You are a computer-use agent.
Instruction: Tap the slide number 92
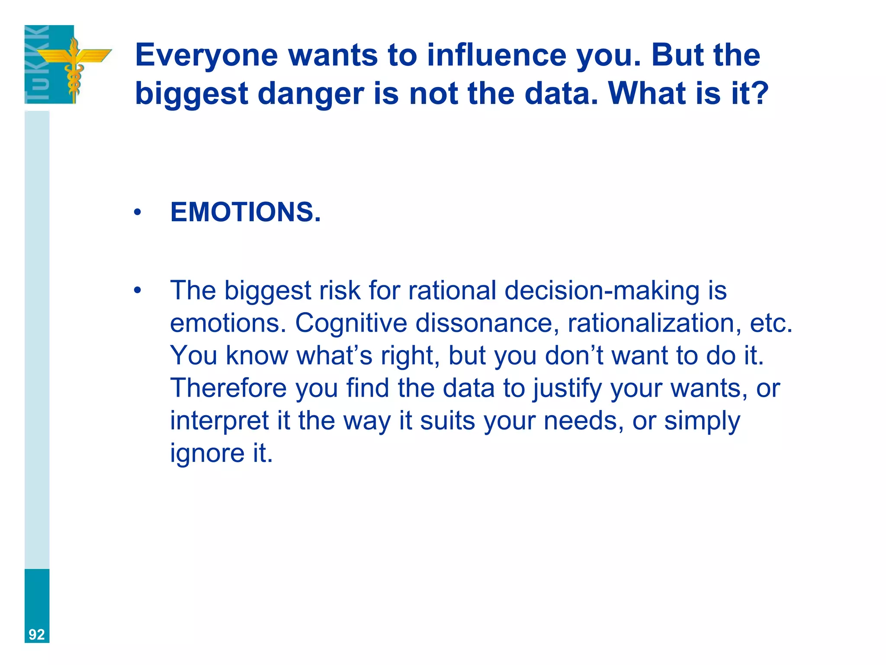(x=37, y=635)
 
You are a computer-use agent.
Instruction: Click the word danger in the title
(x=311, y=94)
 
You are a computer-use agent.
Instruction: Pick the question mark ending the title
(x=759, y=94)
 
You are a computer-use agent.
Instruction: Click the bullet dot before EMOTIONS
(x=138, y=213)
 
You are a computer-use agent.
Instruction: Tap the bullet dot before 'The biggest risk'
(x=138, y=291)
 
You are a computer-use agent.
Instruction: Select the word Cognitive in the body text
(x=351, y=323)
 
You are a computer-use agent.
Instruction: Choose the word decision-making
(x=602, y=291)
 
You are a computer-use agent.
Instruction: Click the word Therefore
(x=228, y=388)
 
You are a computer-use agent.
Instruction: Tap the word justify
(x=567, y=389)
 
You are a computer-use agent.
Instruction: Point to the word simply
(x=702, y=421)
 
